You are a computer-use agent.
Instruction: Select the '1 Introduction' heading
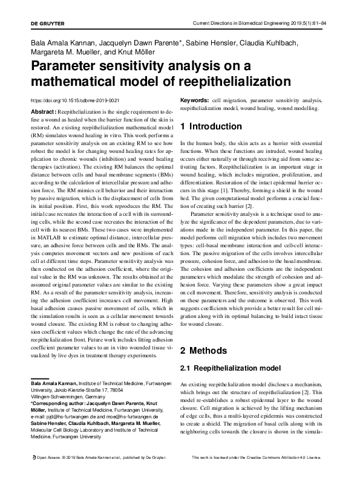[x=211, y=127]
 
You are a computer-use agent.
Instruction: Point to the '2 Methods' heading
[x=204, y=351]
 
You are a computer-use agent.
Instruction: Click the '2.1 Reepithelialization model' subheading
[x=231, y=368]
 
